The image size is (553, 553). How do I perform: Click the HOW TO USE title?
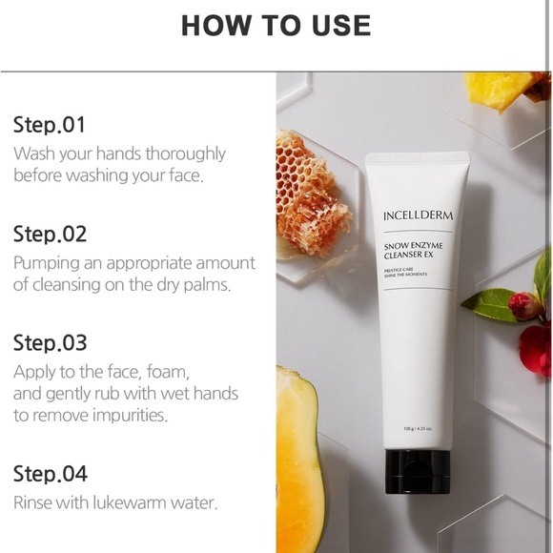(x=276, y=26)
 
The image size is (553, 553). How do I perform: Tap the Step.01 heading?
(x=50, y=125)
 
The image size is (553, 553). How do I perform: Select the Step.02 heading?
(x=50, y=234)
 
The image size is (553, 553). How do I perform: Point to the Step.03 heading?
(x=50, y=342)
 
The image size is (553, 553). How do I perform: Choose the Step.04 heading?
(x=50, y=474)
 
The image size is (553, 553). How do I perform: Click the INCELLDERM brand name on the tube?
(x=419, y=215)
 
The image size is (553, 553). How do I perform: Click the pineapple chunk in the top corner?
(x=501, y=89)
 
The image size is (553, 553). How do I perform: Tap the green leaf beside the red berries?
(x=488, y=304)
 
